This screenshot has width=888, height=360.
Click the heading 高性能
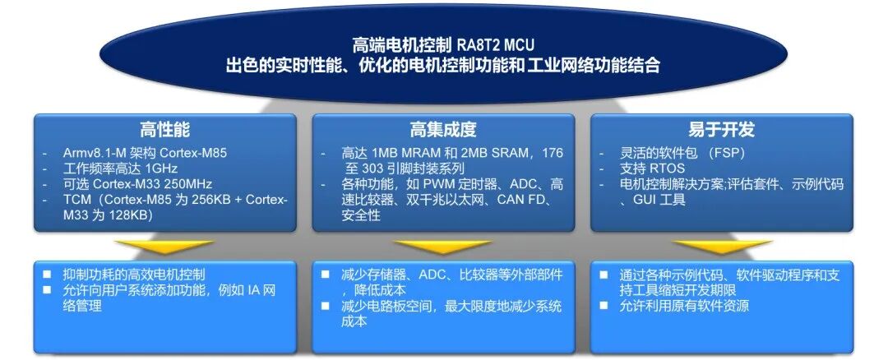coord(164,130)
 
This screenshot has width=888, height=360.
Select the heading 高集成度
coord(443,130)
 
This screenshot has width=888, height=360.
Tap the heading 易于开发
coord(722,130)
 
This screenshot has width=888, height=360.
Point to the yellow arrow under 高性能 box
coord(164,247)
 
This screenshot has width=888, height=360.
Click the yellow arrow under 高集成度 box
coord(443,247)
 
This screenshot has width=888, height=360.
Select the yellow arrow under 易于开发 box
coord(722,247)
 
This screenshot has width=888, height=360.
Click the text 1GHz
coord(161,168)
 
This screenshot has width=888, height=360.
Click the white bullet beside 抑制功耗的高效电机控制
coord(47,275)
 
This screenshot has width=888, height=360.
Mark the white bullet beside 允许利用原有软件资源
coord(604,306)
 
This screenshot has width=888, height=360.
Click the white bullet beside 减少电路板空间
coord(326,306)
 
